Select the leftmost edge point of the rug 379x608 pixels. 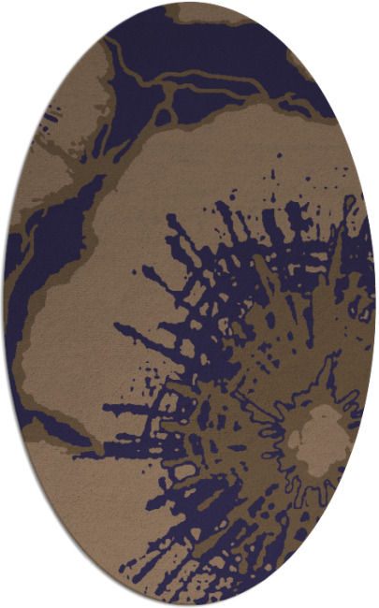click(4, 304)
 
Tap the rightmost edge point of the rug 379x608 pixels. click(375, 304)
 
